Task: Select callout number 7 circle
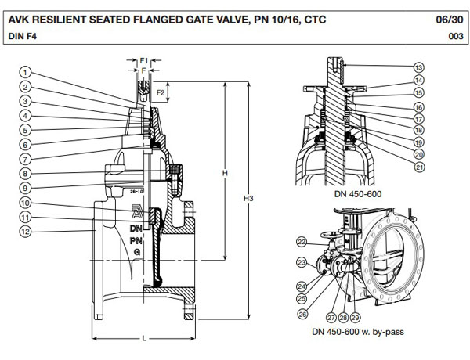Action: [26, 159]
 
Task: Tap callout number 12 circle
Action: [26, 231]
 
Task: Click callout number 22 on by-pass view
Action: [302, 241]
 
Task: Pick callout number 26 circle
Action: [303, 314]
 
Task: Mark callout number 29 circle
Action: [356, 318]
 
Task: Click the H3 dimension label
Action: [248, 199]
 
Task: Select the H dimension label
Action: [225, 172]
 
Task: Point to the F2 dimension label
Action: [160, 92]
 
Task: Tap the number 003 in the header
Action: [452, 35]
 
